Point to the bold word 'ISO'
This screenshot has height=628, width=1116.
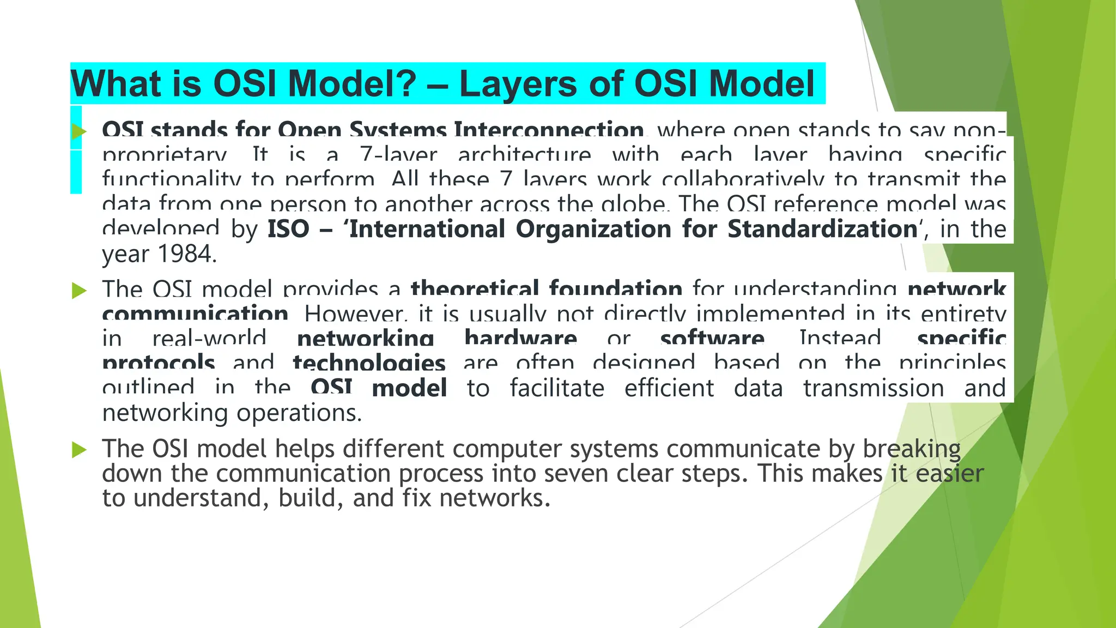pyautogui.click(x=288, y=229)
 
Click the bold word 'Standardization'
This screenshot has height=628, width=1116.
pyautogui.click(x=823, y=229)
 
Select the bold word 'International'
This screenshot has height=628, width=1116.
pyautogui.click(x=427, y=229)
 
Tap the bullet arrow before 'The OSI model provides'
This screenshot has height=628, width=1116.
pyautogui.click(x=80, y=291)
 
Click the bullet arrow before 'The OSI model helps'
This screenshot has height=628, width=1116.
pyautogui.click(x=80, y=450)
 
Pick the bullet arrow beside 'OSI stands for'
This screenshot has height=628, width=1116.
pyautogui.click(x=80, y=131)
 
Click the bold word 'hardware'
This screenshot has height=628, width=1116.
pyautogui.click(x=520, y=339)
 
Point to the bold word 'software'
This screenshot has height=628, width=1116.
pyautogui.click(x=712, y=339)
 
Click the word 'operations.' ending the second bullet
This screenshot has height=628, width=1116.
pyautogui.click(x=299, y=413)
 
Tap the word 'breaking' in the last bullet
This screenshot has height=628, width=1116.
pyautogui.click(x=912, y=449)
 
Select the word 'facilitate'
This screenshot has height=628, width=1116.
pyautogui.click(x=557, y=388)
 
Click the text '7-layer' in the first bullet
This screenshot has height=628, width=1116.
pyautogui.click(x=398, y=155)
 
